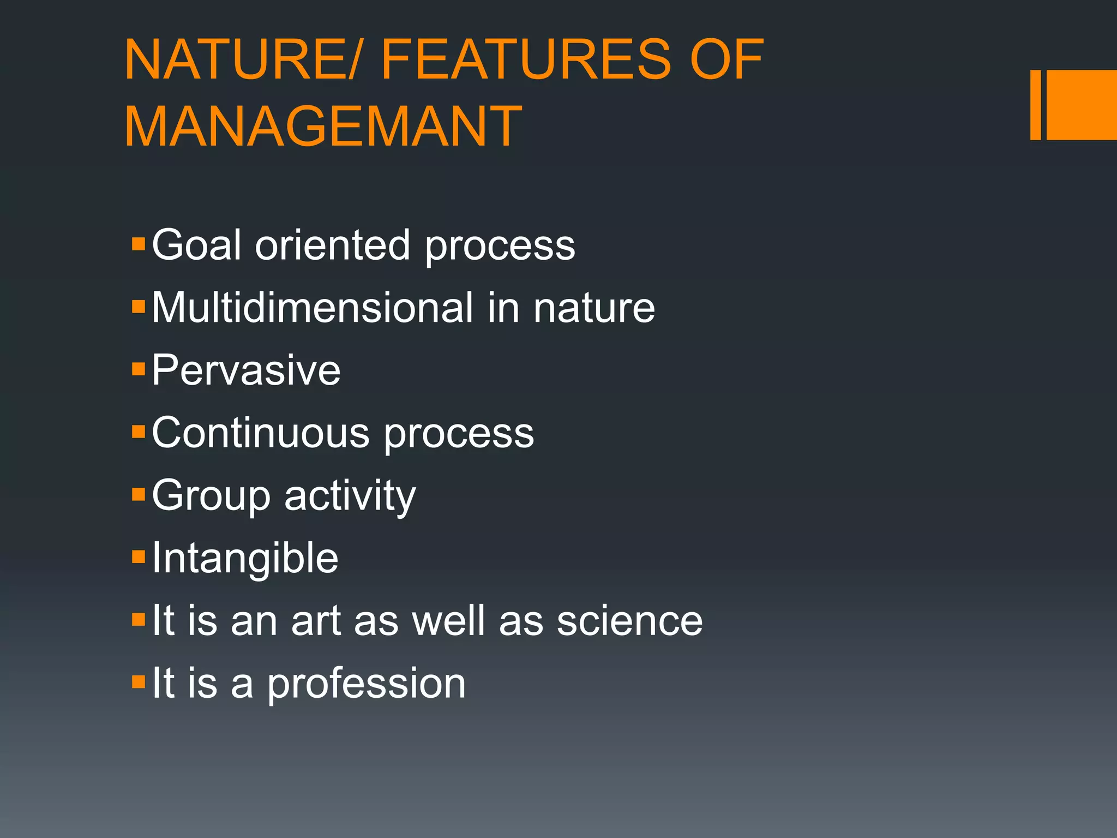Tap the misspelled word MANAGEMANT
pos(323,127)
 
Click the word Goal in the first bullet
pos(196,245)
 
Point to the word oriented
pos(332,245)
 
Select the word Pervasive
pos(246,370)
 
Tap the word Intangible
pos(245,559)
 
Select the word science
pos(629,621)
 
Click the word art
pos(316,621)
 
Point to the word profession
pos(366,684)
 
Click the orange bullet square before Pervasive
pos(139,369)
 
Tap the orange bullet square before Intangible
pos(139,557)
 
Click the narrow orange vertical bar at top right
pos(1035,105)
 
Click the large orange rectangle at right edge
pos(1082,105)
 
